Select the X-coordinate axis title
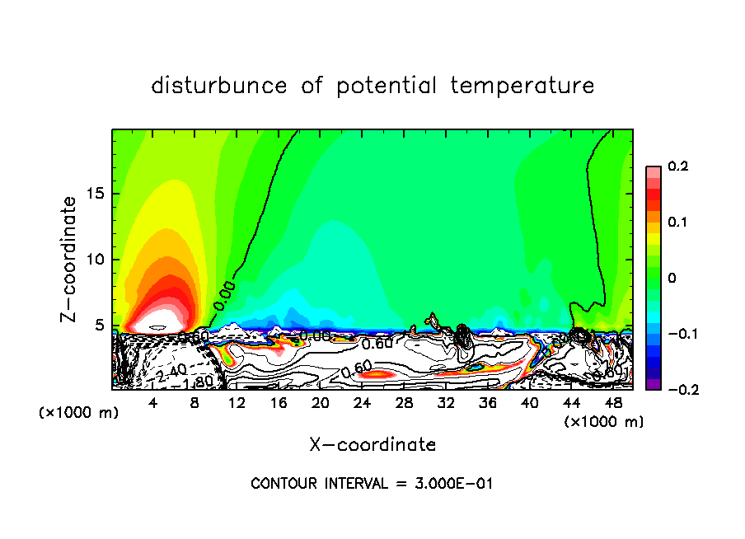372,445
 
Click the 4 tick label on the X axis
153,403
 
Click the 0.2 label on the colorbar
677,166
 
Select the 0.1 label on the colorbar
677,223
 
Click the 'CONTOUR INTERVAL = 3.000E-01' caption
372,483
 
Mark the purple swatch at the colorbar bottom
654,383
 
